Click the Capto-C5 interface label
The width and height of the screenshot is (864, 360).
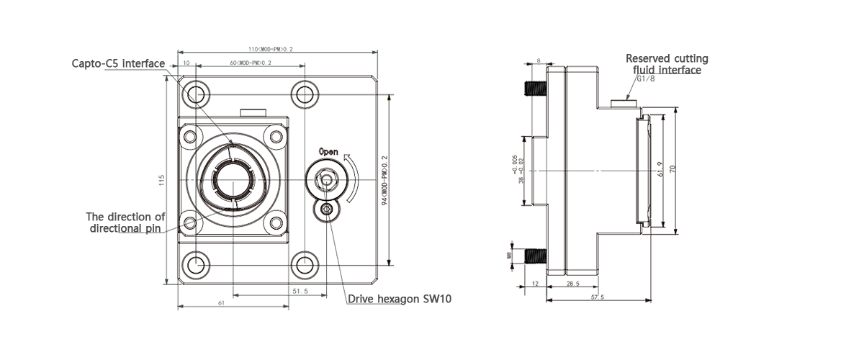click(x=118, y=63)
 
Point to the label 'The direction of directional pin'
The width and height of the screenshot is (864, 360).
click(x=125, y=222)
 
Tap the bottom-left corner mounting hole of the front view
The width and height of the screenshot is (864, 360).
click(x=195, y=265)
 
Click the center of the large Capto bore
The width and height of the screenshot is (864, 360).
click(x=235, y=178)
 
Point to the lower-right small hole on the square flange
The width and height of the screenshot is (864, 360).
click(x=276, y=222)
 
